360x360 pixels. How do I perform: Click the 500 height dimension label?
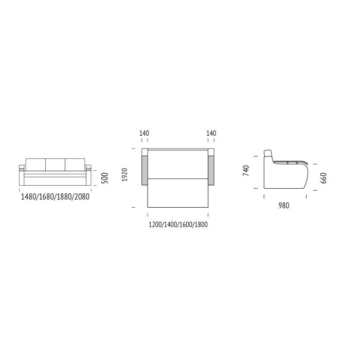(x=104, y=178)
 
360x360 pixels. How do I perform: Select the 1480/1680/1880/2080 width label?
(x=55, y=197)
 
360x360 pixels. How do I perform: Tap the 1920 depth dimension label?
(x=124, y=175)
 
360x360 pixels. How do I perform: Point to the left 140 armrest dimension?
(x=144, y=133)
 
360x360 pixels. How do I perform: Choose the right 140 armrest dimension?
(x=211, y=133)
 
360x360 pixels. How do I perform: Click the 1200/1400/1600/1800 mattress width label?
(x=178, y=224)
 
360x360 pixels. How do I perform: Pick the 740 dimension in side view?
(x=246, y=171)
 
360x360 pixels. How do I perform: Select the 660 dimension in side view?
(x=323, y=178)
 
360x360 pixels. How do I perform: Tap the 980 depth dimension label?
(x=284, y=205)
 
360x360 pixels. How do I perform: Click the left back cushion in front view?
(x=35, y=165)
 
